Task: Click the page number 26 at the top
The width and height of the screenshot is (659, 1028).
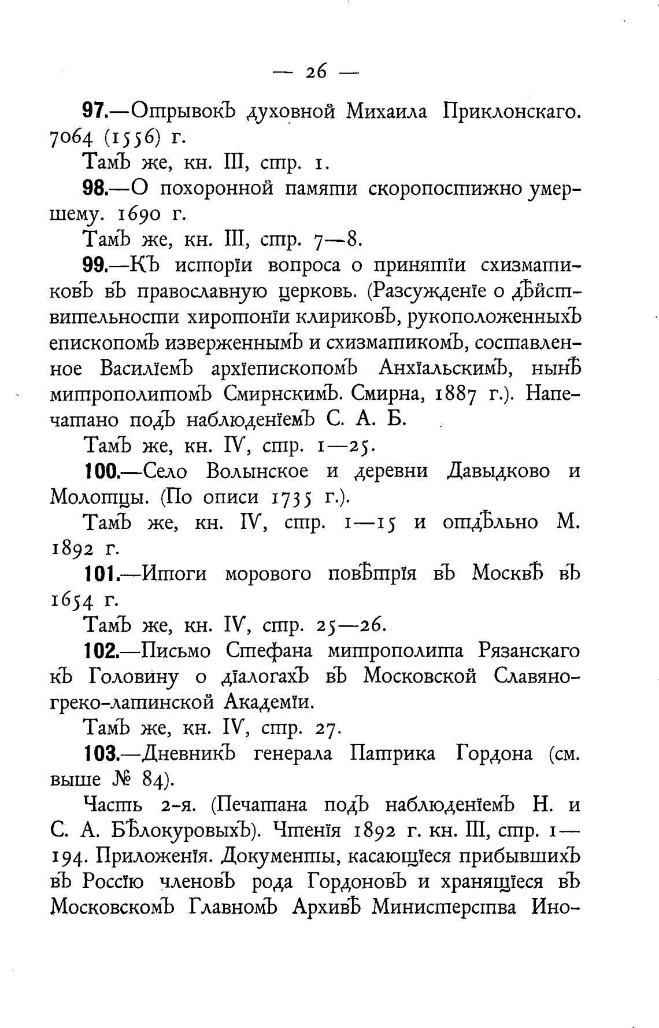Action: pos(316,72)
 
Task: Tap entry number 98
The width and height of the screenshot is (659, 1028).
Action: pos(95,188)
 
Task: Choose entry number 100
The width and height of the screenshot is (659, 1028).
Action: pos(101,471)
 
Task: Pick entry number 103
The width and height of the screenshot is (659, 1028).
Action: pos(101,754)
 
